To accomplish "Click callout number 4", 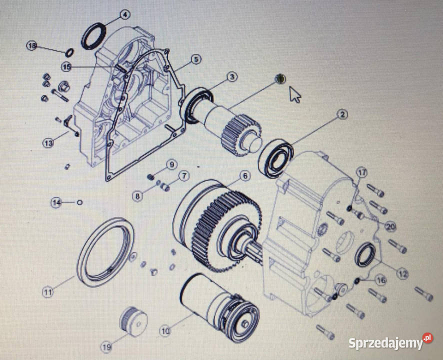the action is coord(124,14).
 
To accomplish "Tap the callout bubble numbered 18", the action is coord(32,45).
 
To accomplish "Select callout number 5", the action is coord(196,59).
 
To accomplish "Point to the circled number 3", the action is coord(232,77).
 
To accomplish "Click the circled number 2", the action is coord(342,114).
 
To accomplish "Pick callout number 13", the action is coord(48,143).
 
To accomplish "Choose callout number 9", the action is coord(172,164).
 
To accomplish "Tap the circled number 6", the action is coord(244,176).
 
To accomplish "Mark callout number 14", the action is coord(56,202).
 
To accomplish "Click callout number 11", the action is coord(47,291).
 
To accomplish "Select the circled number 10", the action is coord(165,330).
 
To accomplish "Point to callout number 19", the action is coord(106,346).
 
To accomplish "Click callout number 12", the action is coord(402,273).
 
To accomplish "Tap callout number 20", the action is coord(391,226).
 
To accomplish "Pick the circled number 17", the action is coord(362,172).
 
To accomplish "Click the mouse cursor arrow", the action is coord(295,94).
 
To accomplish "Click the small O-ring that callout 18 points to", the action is coord(69,52).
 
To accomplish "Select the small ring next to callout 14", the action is coord(79,202).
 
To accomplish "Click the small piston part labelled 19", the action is coord(133,321).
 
